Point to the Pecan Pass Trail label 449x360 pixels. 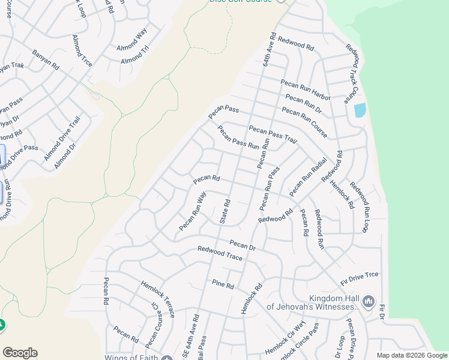click(x=273, y=134)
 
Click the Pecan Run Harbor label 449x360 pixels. click(x=305, y=88)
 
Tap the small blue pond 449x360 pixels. click(x=360, y=110)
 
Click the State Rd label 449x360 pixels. click(x=225, y=211)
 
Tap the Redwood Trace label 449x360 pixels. click(x=220, y=253)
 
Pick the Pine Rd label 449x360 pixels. click(x=222, y=284)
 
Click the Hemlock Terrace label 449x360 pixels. click(x=157, y=298)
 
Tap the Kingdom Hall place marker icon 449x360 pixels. click(x=369, y=301)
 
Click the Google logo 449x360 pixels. click(x=20, y=353)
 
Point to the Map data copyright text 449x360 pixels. click(x=412, y=355)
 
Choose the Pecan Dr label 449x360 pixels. click(x=243, y=245)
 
